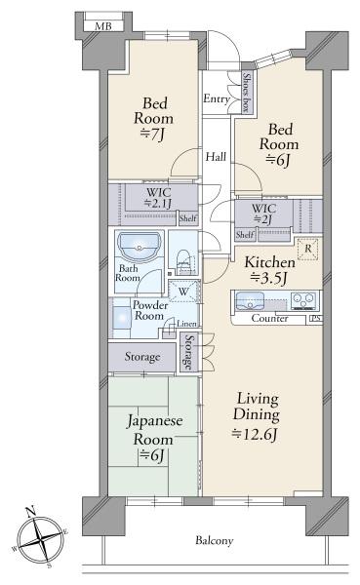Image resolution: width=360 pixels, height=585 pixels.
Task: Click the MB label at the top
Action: click(103, 26)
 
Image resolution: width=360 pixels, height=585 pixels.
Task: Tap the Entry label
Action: click(217, 98)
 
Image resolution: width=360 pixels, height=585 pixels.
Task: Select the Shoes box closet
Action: click(247, 92)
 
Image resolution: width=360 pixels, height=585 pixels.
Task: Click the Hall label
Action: click(216, 157)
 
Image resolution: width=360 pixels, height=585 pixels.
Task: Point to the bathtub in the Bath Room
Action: click(139, 247)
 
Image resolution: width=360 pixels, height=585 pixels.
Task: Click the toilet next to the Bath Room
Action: click(183, 262)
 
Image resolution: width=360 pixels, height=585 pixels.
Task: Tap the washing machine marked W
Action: click(183, 291)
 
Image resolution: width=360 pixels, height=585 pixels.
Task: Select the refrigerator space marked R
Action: click(308, 249)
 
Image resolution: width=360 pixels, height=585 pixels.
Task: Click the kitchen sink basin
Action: click(250, 301)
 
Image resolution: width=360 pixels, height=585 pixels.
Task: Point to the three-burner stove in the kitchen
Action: click(303, 300)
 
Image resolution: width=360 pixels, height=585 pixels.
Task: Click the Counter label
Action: click(269, 318)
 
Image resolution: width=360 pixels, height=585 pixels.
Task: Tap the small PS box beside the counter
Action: click(315, 319)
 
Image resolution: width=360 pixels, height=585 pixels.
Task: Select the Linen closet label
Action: click(186, 324)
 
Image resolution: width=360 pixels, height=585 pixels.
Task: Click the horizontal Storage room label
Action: click(142, 357)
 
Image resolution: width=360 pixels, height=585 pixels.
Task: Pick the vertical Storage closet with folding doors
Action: click(189, 352)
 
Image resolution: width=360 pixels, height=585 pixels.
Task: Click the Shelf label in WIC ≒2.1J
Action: click(188, 218)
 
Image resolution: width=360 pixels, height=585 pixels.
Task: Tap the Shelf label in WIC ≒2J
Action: click(245, 235)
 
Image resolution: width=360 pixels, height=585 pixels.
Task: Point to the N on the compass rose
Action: click(31, 511)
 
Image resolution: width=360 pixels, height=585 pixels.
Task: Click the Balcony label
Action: click(215, 540)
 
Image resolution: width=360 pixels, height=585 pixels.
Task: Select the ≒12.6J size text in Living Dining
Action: click(255, 434)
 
